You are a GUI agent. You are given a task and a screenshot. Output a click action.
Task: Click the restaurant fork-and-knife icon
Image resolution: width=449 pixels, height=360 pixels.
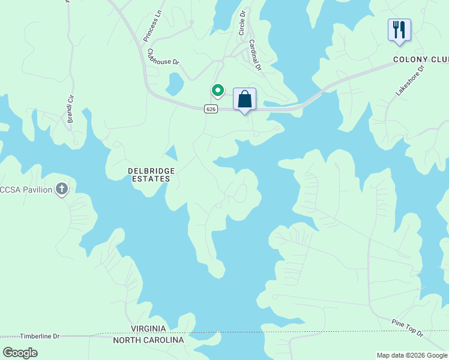tap(399, 29)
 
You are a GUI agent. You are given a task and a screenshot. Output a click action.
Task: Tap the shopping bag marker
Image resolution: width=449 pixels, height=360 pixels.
tap(244, 99)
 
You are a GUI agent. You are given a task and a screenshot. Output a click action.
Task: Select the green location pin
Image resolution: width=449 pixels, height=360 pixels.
tap(217, 91)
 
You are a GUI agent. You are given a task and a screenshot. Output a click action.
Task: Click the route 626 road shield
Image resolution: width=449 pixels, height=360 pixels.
tap(210, 109)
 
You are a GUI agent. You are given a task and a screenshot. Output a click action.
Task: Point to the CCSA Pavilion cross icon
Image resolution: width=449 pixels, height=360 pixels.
tap(61, 190)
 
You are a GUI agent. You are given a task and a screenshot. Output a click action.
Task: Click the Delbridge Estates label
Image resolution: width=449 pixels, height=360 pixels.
tap(152, 175)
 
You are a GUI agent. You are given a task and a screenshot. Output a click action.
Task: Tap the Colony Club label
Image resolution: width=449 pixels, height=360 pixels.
tap(420, 59)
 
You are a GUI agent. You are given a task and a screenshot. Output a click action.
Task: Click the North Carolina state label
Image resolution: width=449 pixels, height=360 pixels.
tap(149, 340)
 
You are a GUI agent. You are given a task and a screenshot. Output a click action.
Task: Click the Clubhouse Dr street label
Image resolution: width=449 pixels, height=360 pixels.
tap(163, 58)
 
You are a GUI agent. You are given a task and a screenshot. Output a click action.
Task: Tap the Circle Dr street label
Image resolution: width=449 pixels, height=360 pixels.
tap(243, 22)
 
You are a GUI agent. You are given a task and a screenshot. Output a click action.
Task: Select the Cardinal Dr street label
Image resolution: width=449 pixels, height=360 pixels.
tap(255, 55)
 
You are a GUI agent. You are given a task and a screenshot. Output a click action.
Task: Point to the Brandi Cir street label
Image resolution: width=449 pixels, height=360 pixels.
tap(71, 108)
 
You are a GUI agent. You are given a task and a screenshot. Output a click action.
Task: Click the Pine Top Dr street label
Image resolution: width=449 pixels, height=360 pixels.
tap(408, 327)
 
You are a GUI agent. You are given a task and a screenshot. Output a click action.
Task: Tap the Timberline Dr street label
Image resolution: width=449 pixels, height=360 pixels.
tap(40, 337)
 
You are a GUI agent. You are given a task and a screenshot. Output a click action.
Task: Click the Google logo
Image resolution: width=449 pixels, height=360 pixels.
tap(20, 352)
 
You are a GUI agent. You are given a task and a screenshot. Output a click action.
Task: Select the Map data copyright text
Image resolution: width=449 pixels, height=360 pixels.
tap(412, 355)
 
